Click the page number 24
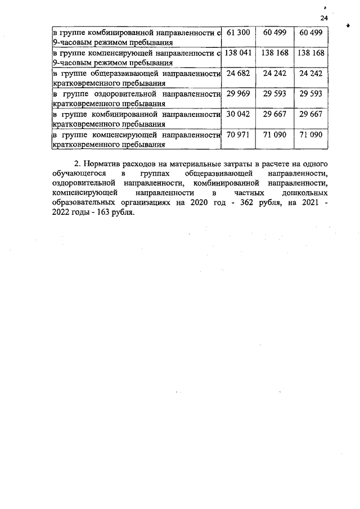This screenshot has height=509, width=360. [323, 19]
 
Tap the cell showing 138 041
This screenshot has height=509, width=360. [237, 53]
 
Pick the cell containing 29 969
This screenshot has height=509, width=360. [237, 94]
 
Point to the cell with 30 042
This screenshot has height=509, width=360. [237, 114]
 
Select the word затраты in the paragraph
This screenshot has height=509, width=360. [237, 164]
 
